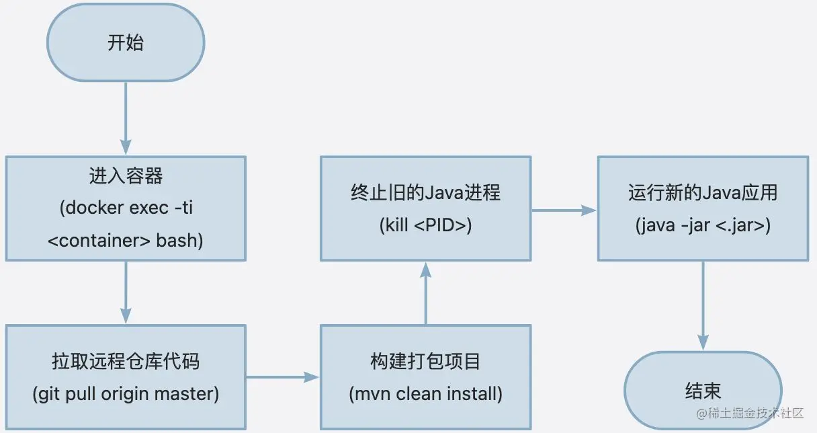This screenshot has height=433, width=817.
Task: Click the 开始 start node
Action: [x=126, y=43]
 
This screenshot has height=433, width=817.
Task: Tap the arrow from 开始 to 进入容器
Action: [x=126, y=120]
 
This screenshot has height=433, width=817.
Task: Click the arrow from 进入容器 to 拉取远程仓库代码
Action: [x=126, y=292]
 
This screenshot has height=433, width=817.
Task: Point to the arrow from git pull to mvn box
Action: [x=282, y=377]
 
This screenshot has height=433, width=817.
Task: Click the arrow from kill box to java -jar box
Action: [x=564, y=210]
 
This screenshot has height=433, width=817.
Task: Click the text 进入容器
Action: [x=126, y=177]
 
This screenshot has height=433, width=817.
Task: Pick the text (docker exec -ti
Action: [x=126, y=208]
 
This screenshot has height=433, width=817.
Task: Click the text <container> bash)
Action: [x=126, y=240]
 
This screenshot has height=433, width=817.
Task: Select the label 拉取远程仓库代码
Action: [x=126, y=362]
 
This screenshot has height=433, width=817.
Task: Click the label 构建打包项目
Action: [x=425, y=362]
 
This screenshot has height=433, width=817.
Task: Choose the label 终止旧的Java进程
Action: [x=425, y=193]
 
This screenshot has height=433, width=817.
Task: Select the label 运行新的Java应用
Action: [x=703, y=193]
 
